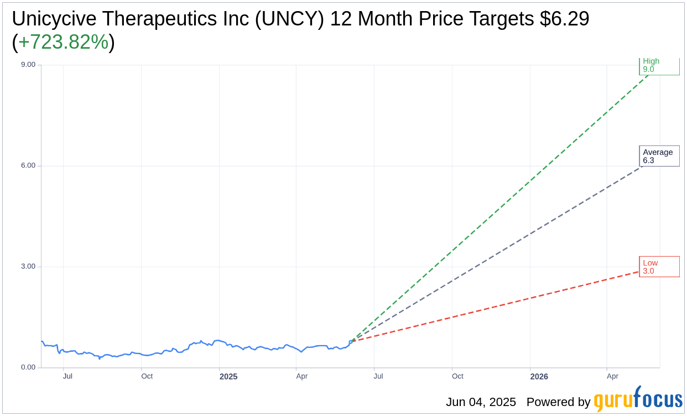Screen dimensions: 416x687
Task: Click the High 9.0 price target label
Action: pyautogui.click(x=659, y=65)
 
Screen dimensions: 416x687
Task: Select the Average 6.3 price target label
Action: pyautogui.click(x=659, y=156)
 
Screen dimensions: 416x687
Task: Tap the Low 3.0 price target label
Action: pyautogui.click(x=659, y=267)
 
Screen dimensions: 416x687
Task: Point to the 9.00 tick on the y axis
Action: pyautogui.click(x=28, y=65)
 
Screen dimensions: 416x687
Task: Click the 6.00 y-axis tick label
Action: pyautogui.click(x=28, y=165)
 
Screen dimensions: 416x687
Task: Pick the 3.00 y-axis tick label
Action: pyautogui.click(x=28, y=266)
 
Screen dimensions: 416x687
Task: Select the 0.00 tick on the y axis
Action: pyautogui.click(x=28, y=367)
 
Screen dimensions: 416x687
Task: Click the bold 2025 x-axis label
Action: pyautogui.click(x=228, y=377)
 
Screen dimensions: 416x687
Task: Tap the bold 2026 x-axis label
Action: pyautogui.click(x=539, y=377)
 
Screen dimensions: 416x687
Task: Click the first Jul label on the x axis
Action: pyautogui.click(x=67, y=376)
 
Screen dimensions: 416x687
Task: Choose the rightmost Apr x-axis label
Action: pyautogui.click(x=612, y=376)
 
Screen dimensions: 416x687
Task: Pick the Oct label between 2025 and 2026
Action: pyautogui.click(x=457, y=376)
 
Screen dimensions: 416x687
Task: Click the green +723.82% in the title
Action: pyautogui.click(x=63, y=42)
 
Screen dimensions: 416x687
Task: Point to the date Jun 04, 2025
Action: pyautogui.click(x=481, y=402)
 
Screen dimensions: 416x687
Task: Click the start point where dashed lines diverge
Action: pyautogui.click(x=351, y=342)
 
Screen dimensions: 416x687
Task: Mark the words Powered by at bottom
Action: pyautogui.click(x=558, y=402)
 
